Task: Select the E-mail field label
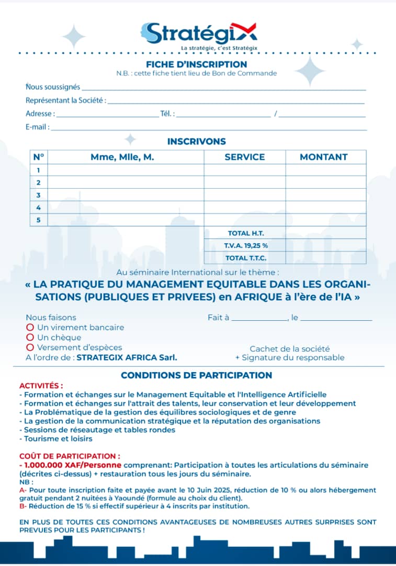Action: tap(37, 127)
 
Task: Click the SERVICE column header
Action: tap(244, 157)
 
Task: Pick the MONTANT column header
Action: tap(323, 157)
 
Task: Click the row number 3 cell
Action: tap(39, 195)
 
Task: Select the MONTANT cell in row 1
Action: tap(325, 170)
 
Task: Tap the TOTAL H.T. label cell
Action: tap(245, 233)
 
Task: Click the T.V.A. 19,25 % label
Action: tap(245, 245)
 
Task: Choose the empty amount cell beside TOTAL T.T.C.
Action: tap(325, 258)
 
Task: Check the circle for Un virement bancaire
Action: tap(30, 328)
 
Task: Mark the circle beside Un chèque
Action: tap(30, 338)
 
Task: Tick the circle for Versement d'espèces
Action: tap(30, 347)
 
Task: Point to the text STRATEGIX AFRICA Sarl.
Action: tap(127, 357)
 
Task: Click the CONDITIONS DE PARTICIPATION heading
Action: tap(197, 375)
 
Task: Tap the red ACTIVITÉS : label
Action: tap(41, 386)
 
